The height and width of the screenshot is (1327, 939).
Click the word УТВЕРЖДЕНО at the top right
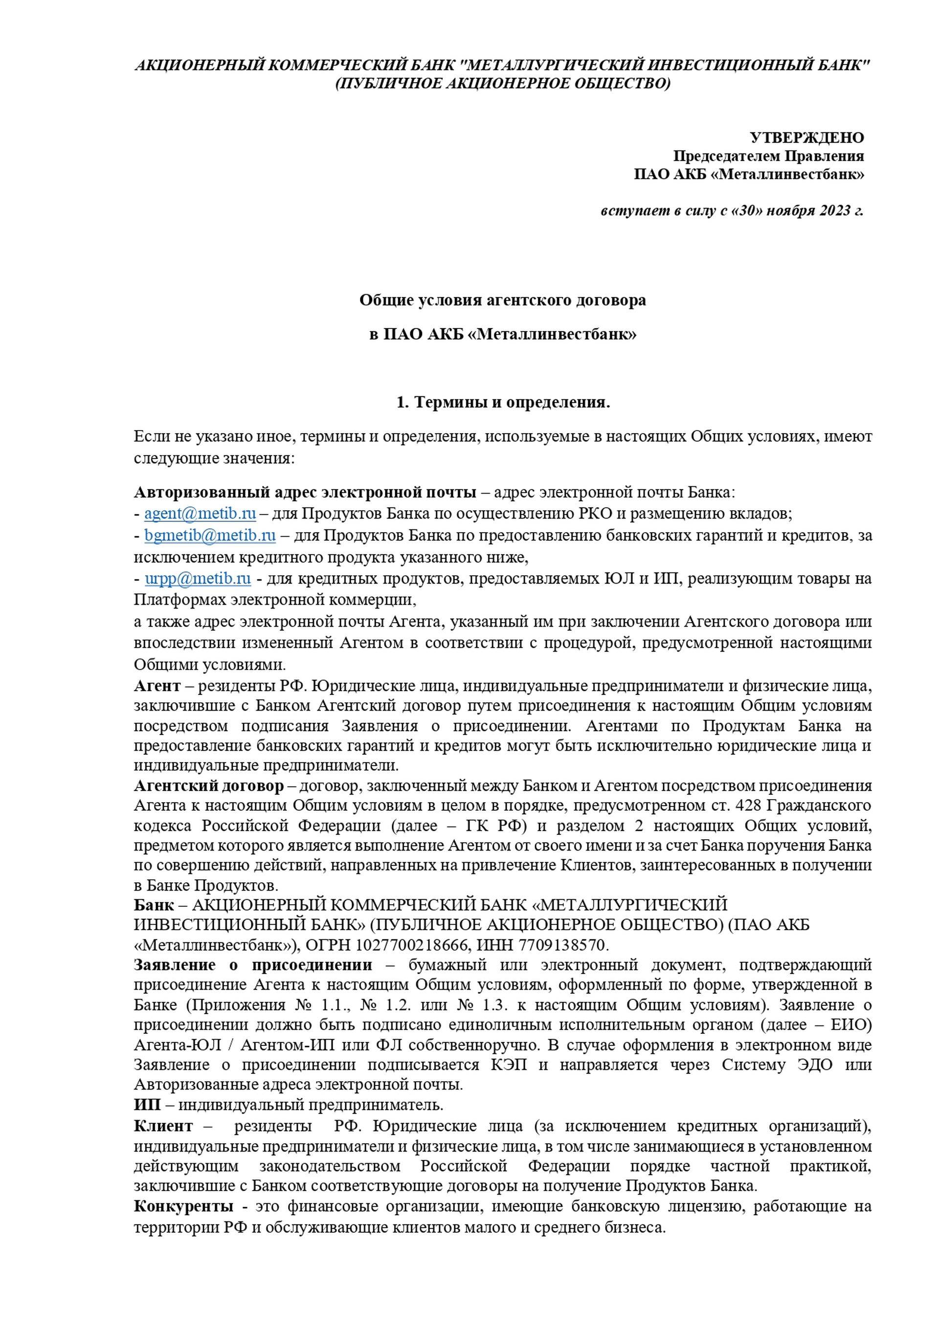coord(806,137)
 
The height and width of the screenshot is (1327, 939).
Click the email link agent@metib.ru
coord(200,513)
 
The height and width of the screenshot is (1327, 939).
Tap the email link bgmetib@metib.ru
coord(210,535)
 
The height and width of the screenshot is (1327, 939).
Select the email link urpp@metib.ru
coord(197,579)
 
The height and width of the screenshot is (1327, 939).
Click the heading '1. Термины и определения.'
coord(503,402)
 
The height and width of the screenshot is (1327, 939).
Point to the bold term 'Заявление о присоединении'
coord(253,965)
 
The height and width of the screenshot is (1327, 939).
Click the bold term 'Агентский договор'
coord(209,786)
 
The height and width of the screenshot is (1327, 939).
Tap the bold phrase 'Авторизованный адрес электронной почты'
coord(305,492)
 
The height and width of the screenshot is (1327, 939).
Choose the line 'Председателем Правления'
coord(768,156)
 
